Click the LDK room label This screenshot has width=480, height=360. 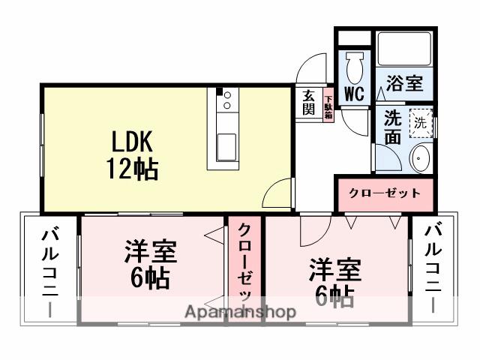point(133,142)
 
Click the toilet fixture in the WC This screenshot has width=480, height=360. point(354,65)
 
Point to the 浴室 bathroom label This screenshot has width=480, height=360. point(404,82)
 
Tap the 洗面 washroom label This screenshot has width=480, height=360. point(392,127)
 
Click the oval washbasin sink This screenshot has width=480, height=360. point(420,158)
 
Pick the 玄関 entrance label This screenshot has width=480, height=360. point(309,103)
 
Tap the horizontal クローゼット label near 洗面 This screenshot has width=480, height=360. point(385,193)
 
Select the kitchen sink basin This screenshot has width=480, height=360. point(226,147)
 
